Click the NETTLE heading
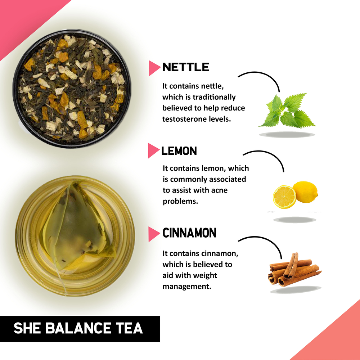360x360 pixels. coord(185,67)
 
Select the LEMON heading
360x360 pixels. coord(179,151)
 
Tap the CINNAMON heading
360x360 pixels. coord(189,233)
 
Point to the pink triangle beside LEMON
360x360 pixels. coord(153,151)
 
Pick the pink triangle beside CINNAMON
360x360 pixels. coord(154,234)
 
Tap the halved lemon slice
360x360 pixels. coord(284,197)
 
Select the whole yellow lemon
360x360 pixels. coord(305,192)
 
